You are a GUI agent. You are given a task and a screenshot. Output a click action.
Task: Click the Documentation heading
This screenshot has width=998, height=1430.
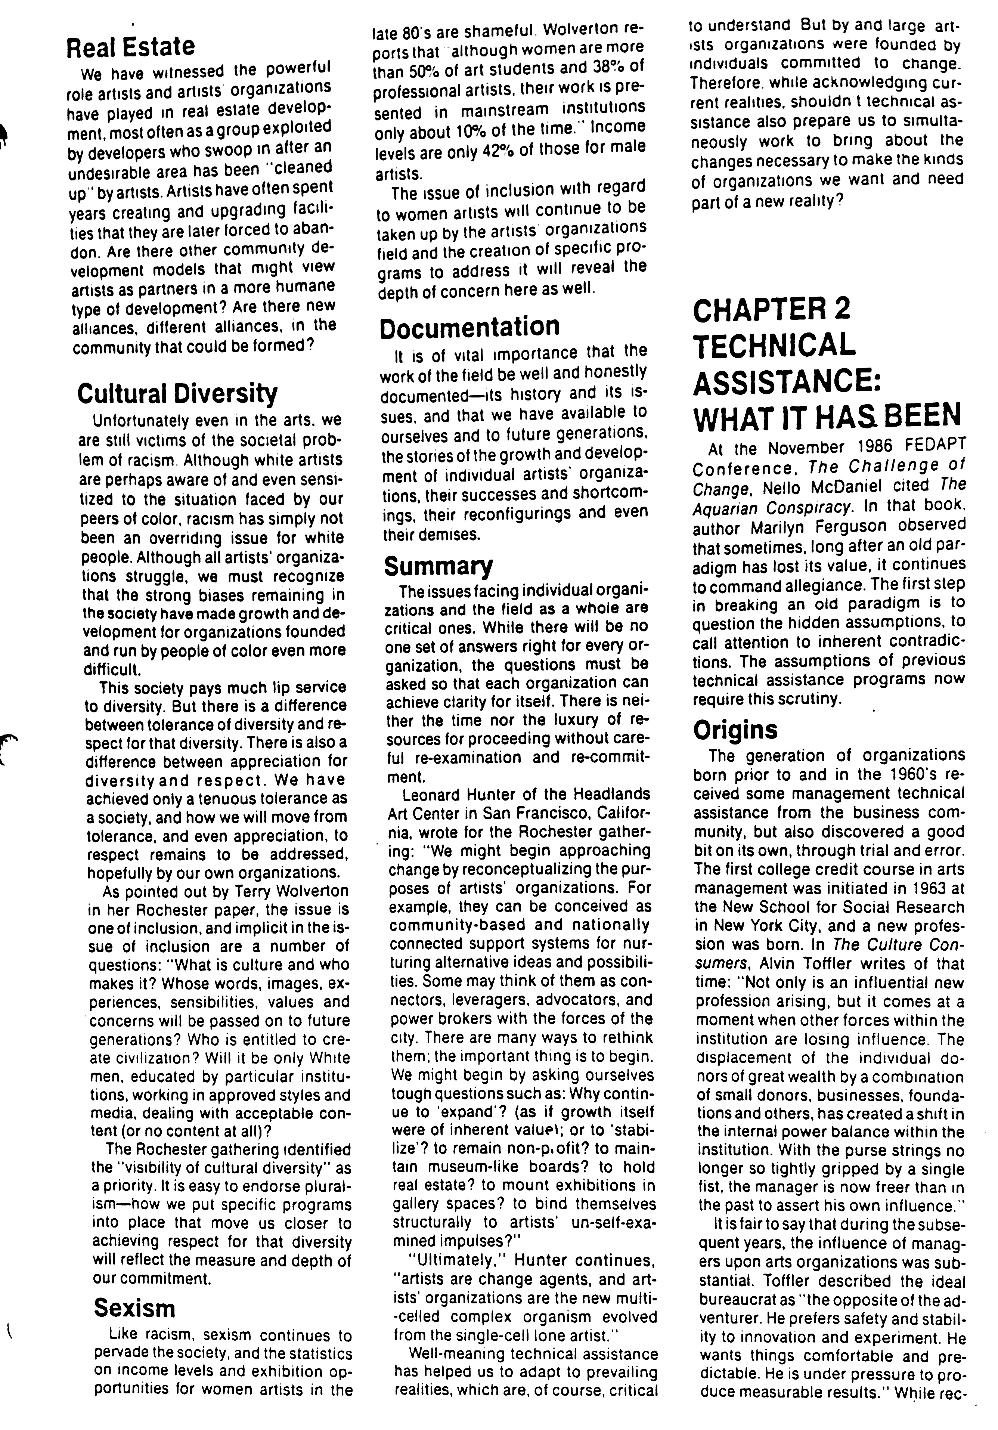(470, 326)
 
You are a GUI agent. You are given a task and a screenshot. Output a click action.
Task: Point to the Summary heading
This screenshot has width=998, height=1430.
(438, 566)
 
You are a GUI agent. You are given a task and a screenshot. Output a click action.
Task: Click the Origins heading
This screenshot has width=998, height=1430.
(735, 729)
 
